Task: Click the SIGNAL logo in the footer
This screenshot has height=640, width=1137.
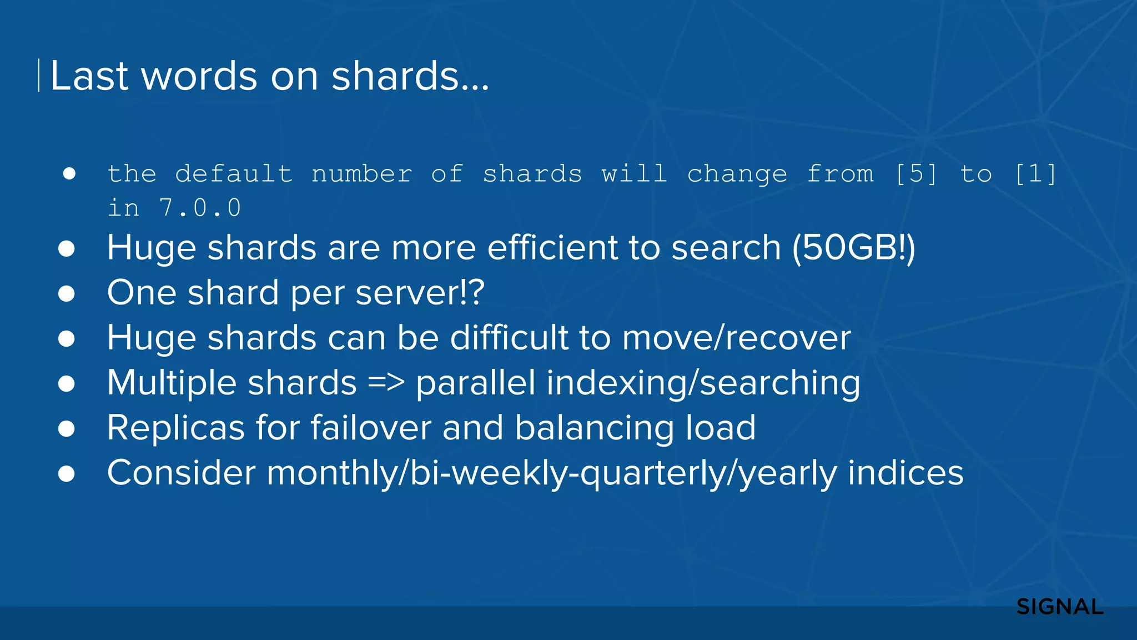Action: tap(1059, 607)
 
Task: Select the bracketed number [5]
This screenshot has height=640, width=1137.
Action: tap(916, 174)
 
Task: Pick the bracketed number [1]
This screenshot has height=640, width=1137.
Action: tap(1035, 174)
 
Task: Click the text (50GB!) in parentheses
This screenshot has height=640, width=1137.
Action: tap(853, 247)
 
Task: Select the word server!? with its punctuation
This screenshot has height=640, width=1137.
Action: tap(420, 292)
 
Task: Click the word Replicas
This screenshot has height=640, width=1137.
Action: tap(176, 428)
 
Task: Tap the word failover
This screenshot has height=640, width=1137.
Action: tap(370, 428)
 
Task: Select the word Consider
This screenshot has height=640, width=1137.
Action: tap(181, 473)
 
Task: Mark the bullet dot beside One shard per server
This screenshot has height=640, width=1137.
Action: tap(67, 293)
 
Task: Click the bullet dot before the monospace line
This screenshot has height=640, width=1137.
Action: tap(69, 174)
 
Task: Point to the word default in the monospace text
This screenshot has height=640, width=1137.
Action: tap(233, 174)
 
